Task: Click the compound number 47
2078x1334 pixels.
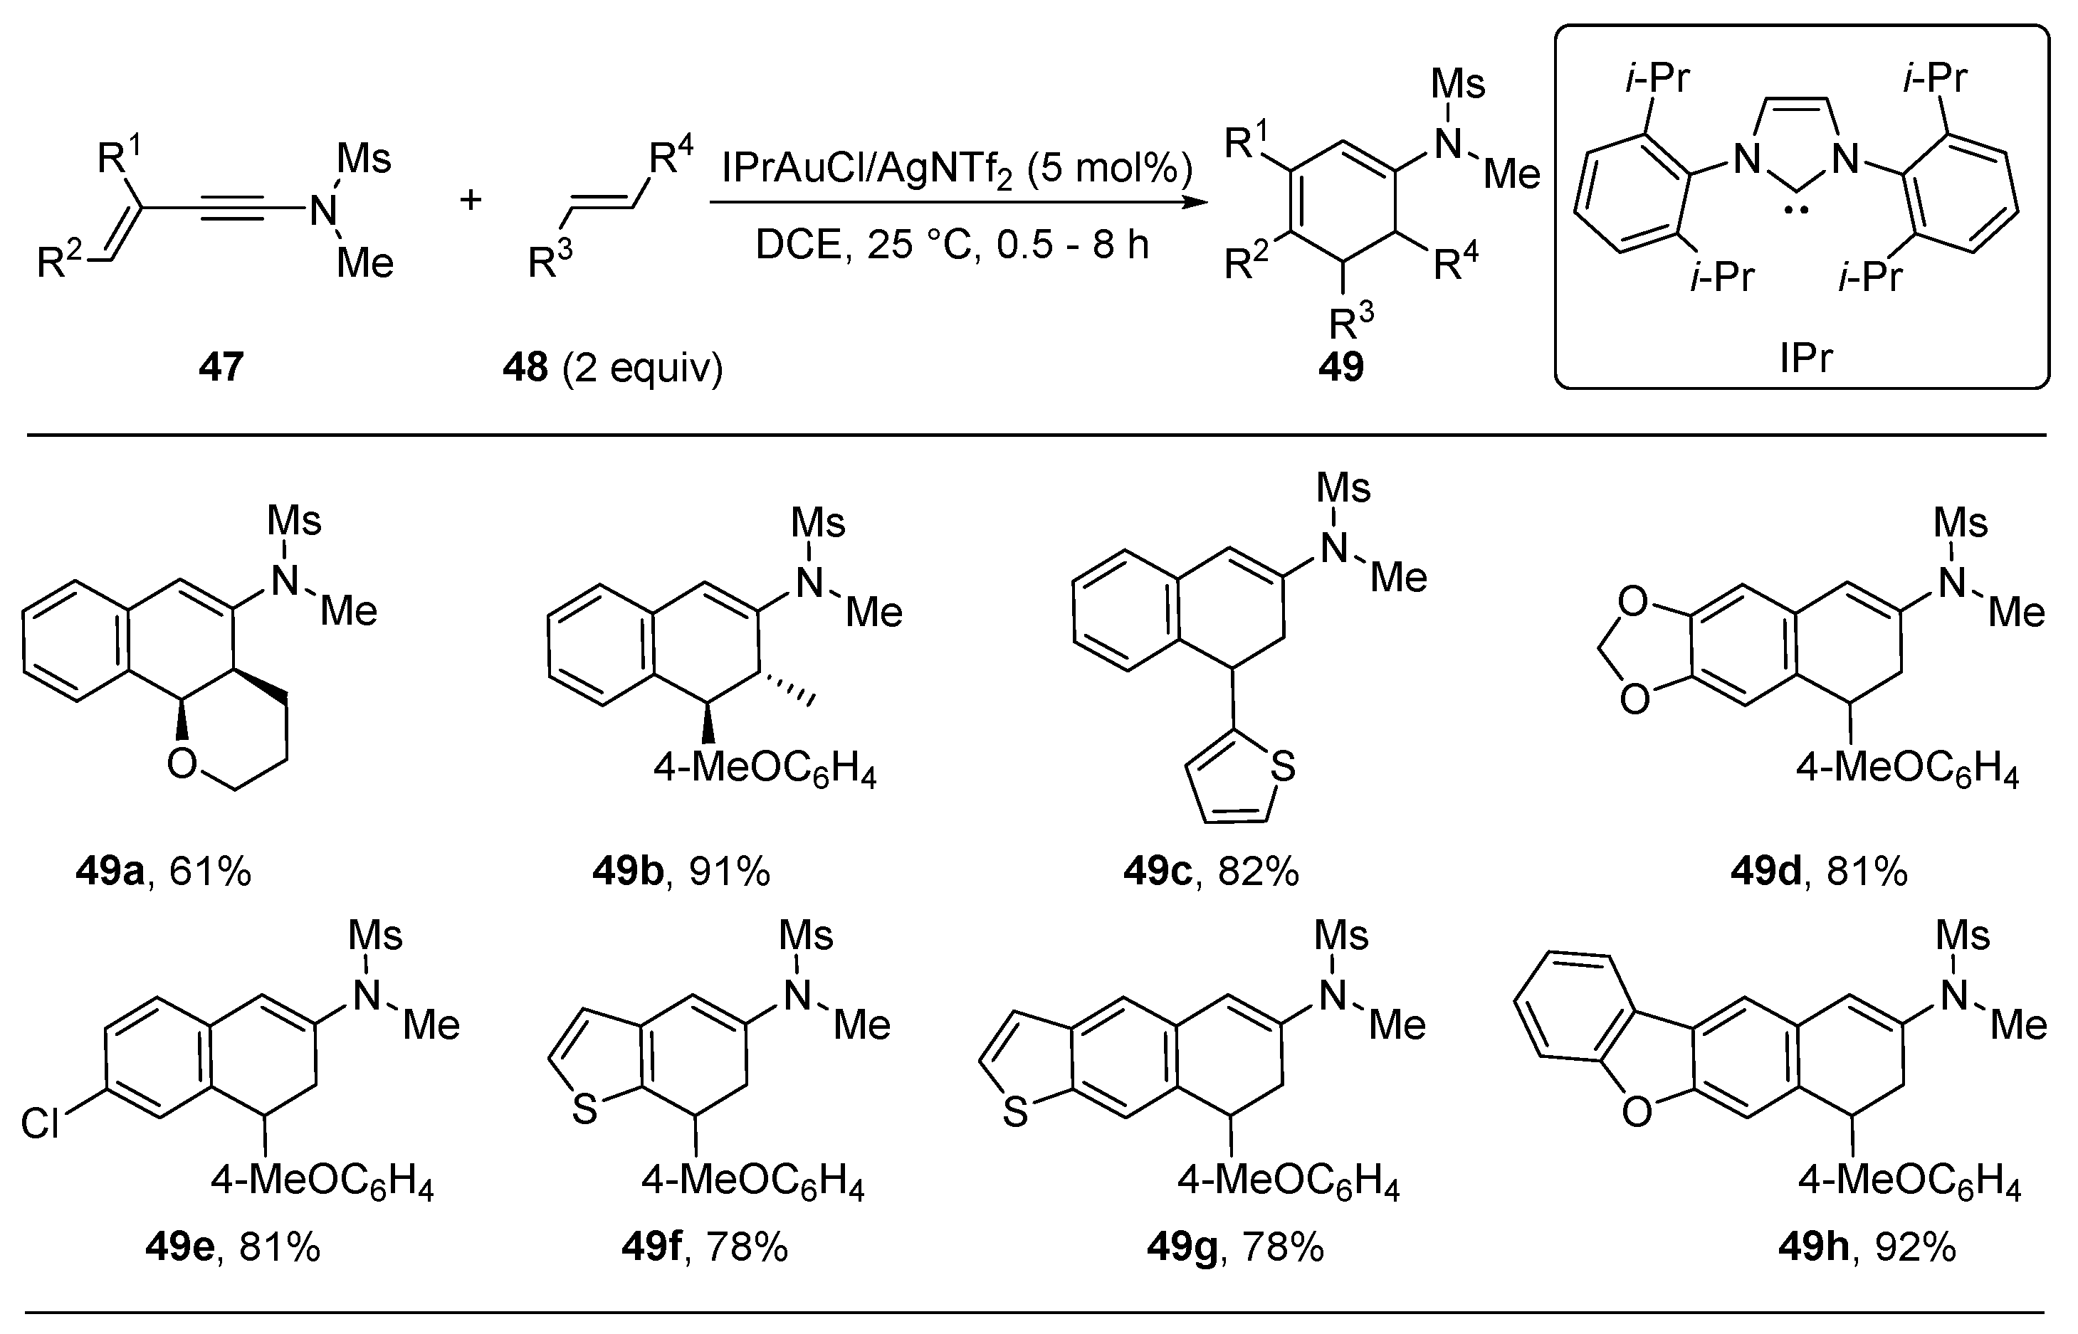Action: pos(220,367)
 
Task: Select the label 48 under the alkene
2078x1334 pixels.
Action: pos(526,367)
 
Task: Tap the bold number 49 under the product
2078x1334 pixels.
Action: pos(1340,367)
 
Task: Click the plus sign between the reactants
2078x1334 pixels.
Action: pos(471,200)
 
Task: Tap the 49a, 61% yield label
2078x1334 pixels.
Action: pos(164,872)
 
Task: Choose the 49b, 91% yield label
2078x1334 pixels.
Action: pos(681,872)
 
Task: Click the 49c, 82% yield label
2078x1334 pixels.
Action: pos(1211,872)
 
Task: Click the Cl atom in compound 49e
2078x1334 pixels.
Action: pos(41,1124)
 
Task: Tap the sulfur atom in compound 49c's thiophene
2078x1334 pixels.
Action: pos(1283,767)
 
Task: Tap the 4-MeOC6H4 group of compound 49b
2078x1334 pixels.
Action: pos(765,770)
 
